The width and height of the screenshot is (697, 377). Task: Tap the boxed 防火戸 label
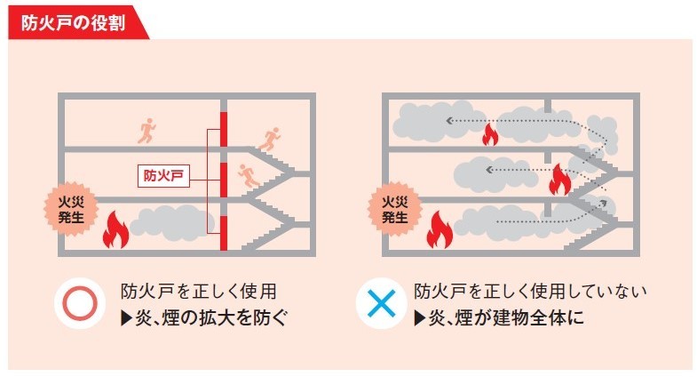161,175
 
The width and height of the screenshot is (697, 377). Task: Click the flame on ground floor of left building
115,230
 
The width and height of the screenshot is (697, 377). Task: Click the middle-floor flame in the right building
558,180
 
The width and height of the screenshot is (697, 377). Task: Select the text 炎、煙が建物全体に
499,317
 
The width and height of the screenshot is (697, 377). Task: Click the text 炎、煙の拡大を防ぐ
204,317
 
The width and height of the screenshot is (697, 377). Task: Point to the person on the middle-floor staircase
248,176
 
